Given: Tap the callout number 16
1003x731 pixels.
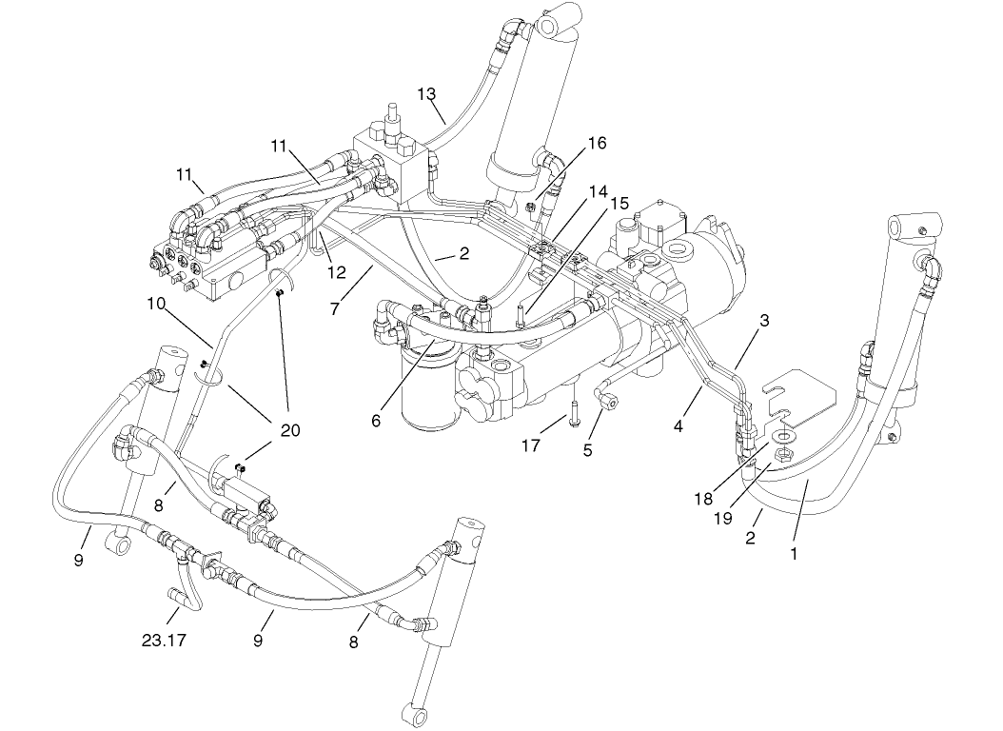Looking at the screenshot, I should click(x=596, y=143).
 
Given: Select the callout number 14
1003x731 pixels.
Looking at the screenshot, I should click(x=598, y=191).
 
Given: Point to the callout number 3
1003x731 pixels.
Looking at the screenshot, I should click(x=763, y=321).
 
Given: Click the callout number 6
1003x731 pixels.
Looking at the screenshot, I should click(x=376, y=419).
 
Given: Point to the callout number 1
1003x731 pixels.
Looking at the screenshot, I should click(x=794, y=551).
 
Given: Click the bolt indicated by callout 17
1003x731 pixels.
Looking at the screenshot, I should click(x=576, y=413).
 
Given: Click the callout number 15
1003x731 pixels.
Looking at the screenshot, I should click(x=619, y=203).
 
